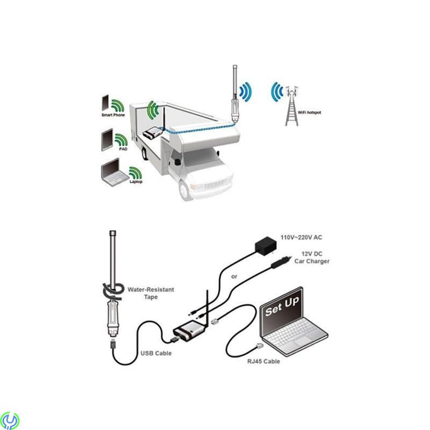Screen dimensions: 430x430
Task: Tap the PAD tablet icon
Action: coord(106,139)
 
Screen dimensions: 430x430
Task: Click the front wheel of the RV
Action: coord(186,189)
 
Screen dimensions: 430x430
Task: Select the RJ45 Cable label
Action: coord(265,361)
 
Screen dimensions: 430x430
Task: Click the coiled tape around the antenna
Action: coord(112,291)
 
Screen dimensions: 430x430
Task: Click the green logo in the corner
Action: coord(10,420)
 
